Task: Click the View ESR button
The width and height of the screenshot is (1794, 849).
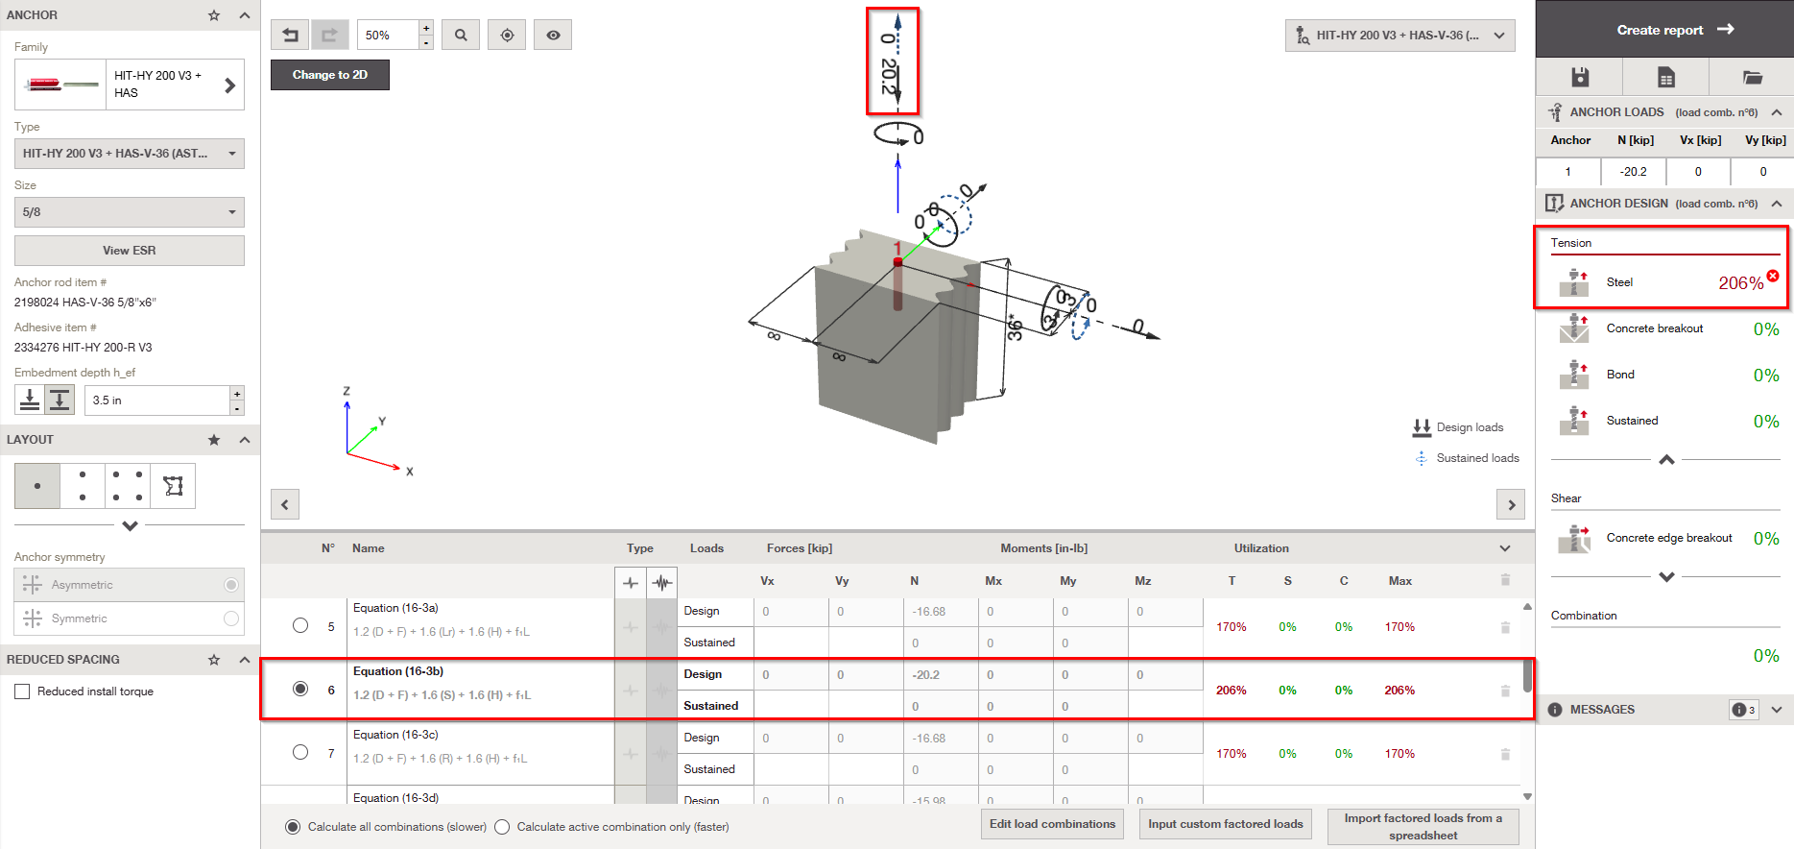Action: click(130, 251)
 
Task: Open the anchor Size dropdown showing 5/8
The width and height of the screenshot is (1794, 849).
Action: click(130, 212)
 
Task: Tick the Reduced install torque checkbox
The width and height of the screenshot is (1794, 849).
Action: click(22, 691)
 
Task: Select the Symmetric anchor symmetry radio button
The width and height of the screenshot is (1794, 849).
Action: click(231, 619)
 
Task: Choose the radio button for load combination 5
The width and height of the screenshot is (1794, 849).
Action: click(300, 625)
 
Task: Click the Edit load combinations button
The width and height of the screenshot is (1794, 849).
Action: click(1052, 824)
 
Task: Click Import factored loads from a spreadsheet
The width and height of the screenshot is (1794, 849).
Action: click(1423, 827)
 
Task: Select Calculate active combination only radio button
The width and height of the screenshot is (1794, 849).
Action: click(502, 827)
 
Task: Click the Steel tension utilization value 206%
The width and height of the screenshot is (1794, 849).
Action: click(1740, 283)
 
